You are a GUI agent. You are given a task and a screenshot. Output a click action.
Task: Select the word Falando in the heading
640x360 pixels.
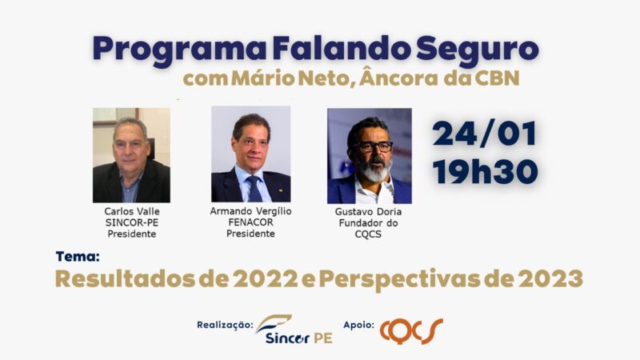(x=342, y=48)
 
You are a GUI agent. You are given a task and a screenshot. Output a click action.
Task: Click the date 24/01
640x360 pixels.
(x=485, y=134)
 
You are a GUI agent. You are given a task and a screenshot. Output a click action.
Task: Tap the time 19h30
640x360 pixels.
(x=486, y=171)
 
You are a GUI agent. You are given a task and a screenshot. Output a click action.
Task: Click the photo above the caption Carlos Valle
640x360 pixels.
(x=131, y=155)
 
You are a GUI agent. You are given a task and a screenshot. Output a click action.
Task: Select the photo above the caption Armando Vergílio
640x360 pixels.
(x=250, y=154)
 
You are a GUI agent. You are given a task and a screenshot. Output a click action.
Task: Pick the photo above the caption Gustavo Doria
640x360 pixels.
(x=370, y=156)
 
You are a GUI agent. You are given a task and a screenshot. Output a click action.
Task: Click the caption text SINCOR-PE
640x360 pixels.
(x=132, y=223)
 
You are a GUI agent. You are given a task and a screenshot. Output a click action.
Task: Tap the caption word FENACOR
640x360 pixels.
(x=250, y=222)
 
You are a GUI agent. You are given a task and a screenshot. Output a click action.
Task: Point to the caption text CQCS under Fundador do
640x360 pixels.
(x=368, y=234)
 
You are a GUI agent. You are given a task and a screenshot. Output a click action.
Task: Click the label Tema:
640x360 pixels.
(x=78, y=257)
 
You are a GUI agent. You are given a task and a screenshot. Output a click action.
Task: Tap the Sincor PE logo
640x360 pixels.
(x=294, y=330)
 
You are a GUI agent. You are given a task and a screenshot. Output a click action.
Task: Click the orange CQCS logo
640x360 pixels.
(x=411, y=331)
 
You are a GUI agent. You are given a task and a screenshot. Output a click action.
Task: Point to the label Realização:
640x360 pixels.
(x=225, y=326)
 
